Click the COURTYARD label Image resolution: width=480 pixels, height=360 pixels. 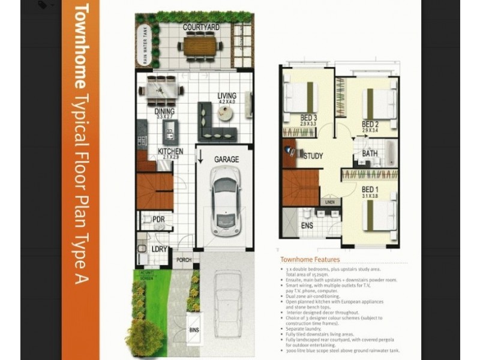pyautogui.click(x=201, y=28)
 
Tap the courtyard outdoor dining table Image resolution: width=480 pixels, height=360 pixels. pyautogui.click(x=201, y=46)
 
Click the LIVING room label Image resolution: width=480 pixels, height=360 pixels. pyautogui.click(x=227, y=96)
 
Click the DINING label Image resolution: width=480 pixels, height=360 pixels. pyautogui.click(x=165, y=111)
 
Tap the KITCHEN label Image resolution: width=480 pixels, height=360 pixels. pyautogui.click(x=170, y=152)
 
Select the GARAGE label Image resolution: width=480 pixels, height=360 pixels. pyautogui.click(x=227, y=160)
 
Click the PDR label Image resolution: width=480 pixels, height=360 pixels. pyautogui.click(x=158, y=220)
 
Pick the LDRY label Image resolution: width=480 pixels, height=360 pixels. pyautogui.click(x=159, y=248)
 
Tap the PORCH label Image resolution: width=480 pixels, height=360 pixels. pyautogui.click(x=184, y=259)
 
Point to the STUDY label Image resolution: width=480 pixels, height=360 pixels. pyautogui.click(x=313, y=156)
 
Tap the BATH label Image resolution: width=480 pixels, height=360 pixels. pyautogui.click(x=370, y=154)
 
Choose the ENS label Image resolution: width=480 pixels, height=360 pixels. pyautogui.click(x=306, y=227)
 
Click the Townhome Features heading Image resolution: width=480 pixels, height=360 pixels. pyautogui.click(x=310, y=260)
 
